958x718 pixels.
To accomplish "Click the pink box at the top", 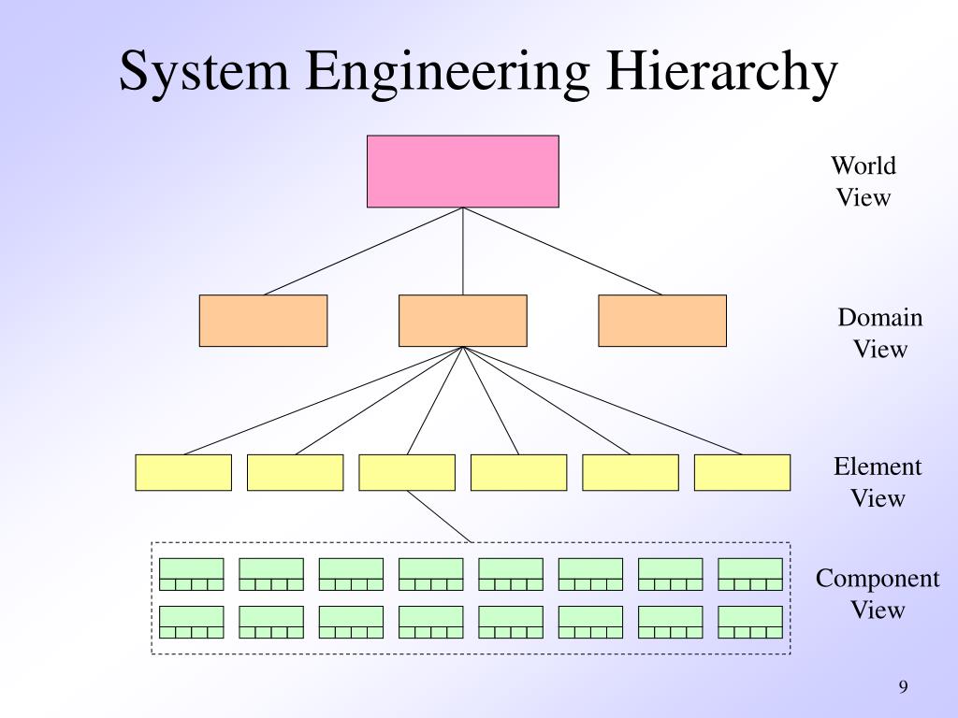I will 462,171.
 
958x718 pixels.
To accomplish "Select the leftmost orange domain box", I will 263,321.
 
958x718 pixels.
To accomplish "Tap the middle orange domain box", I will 462,321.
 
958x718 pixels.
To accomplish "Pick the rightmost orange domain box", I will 661,321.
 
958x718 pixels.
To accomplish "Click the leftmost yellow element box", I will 183,472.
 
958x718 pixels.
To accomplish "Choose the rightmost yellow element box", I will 742,472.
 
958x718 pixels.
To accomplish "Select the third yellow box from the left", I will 407,472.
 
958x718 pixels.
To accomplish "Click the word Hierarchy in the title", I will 724,75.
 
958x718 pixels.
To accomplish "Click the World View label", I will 864,182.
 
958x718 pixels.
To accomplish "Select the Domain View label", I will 879,334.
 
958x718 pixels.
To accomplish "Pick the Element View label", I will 878,482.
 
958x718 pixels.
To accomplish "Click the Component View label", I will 878,595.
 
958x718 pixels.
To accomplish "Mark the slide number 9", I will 903,687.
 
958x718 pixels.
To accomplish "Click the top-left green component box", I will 192,574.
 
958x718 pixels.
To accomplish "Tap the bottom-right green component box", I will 750,622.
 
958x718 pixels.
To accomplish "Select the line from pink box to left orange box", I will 363,251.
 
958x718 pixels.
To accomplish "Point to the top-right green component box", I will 750,574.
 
